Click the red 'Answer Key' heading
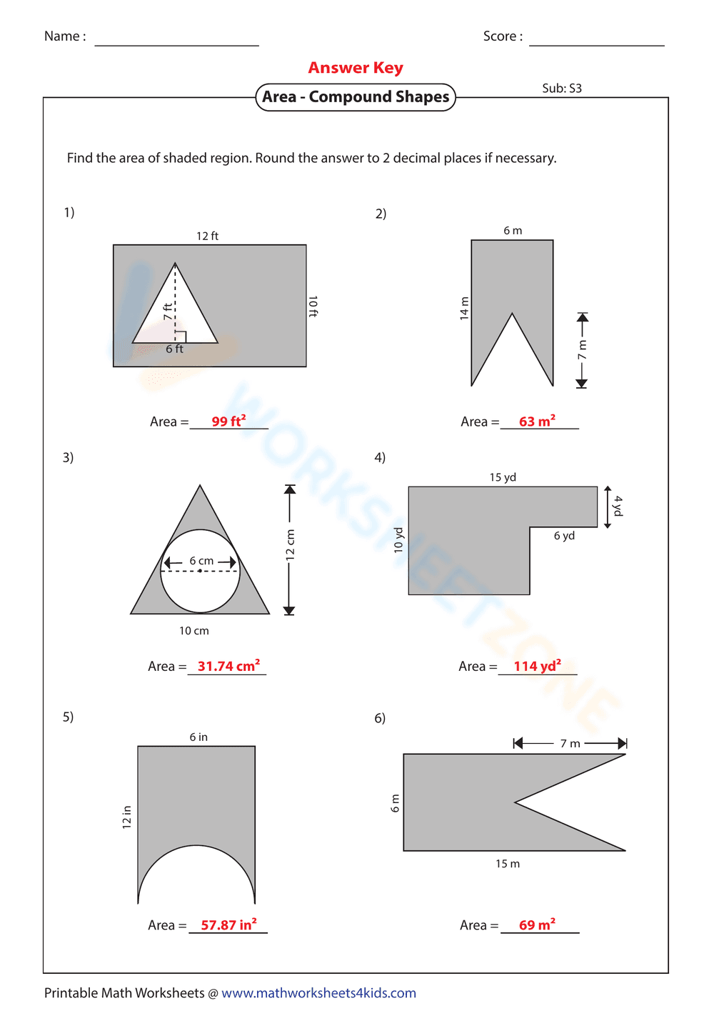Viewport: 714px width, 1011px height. (x=356, y=68)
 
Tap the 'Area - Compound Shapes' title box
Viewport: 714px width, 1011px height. (x=356, y=97)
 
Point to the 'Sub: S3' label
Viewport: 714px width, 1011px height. (x=562, y=89)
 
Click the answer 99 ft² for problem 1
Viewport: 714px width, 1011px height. (x=228, y=422)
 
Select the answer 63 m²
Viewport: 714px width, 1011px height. (x=537, y=422)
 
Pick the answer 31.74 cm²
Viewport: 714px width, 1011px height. (x=228, y=666)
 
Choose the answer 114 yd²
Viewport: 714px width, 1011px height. (x=537, y=666)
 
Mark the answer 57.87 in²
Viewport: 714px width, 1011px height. (x=228, y=925)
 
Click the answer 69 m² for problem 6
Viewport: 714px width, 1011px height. (x=537, y=925)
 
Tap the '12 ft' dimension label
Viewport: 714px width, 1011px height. (x=207, y=236)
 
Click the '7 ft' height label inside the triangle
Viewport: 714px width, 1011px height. (x=167, y=312)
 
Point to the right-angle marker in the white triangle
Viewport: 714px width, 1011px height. (x=181, y=337)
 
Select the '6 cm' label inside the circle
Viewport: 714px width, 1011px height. (x=201, y=561)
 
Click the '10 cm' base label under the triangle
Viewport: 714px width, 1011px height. (x=193, y=631)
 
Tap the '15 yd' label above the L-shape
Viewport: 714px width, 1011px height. (x=503, y=477)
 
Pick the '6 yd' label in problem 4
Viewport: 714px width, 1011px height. (x=564, y=536)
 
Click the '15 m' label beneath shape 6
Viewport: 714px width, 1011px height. (x=508, y=864)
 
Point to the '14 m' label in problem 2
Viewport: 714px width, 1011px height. (x=464, y=308)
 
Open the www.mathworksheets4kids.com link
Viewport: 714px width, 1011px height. (x=318, y=993)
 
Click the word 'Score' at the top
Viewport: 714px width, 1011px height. (x=500, y=36)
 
